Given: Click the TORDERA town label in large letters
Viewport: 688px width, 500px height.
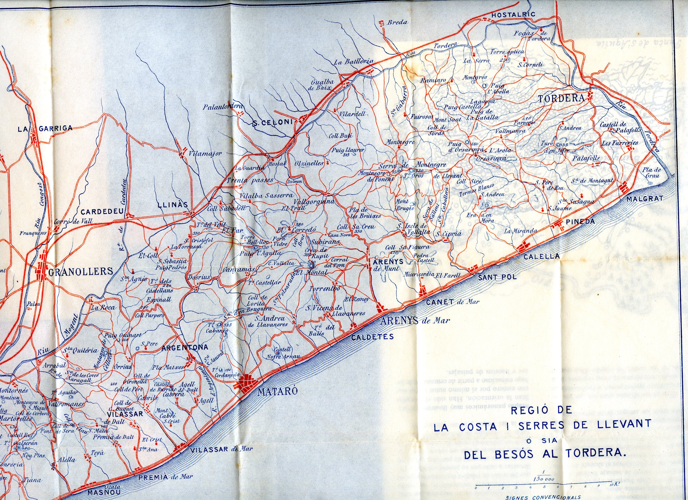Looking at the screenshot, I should point(561,98).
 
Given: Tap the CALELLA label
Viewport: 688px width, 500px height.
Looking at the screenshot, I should point(542,256).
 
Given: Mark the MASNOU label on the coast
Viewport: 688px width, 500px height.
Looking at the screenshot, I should point(104,492).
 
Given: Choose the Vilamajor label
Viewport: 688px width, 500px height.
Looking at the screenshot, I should point(205,154).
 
